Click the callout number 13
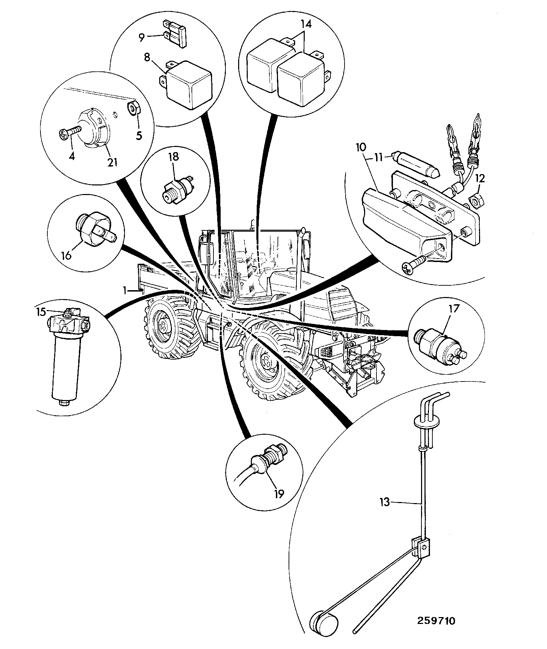pyautogui.click(x=385, y=502)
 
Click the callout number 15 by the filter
pyautogui.click(x=41, y=312)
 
